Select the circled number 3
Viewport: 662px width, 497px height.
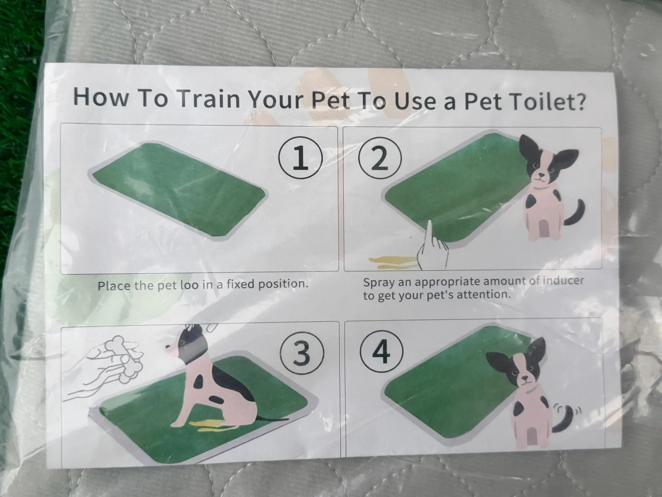tap(302, 353)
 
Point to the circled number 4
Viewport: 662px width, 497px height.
tap(382, 352)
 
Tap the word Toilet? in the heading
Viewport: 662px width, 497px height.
tap(548, 102)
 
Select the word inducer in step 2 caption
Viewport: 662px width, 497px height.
tap(563, 281)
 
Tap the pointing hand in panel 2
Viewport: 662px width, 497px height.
tap(432, 246)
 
